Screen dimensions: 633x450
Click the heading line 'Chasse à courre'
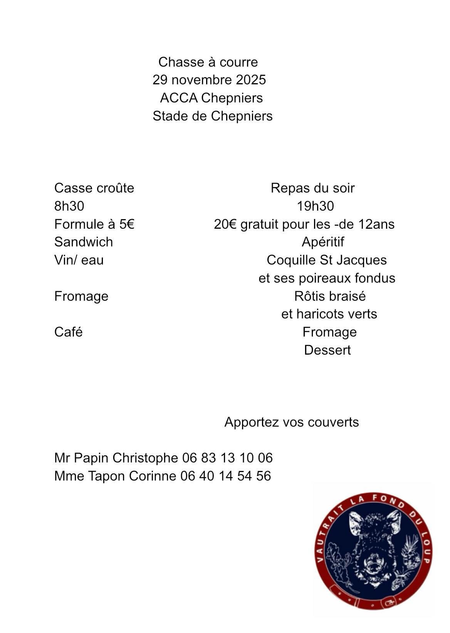(208, 62)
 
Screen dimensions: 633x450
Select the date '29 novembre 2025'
(209, 80)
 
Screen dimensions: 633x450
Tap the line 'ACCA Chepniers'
(211, 98)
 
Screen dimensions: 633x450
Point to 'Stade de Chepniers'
(212, 116)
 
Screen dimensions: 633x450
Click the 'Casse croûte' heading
(94, 188)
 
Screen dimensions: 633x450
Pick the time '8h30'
(69, 206)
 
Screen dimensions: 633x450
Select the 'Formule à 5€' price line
(94, 224)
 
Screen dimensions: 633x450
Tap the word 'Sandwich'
(84, 242)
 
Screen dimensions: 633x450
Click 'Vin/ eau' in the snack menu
(79, 260)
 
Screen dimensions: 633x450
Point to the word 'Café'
(69, 332)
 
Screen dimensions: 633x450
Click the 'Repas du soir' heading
(312, 188)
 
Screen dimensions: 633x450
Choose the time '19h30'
(315, 206)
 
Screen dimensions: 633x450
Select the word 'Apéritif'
(323, 242)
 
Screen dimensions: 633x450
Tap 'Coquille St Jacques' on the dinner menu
(327, 260)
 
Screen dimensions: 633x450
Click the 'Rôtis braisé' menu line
(330, 296)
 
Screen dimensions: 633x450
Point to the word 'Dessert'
(327, 350)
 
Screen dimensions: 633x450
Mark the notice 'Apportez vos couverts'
(292, 422)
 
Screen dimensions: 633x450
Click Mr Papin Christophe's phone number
(227, 458)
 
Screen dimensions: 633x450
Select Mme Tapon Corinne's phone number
(226, 476)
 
